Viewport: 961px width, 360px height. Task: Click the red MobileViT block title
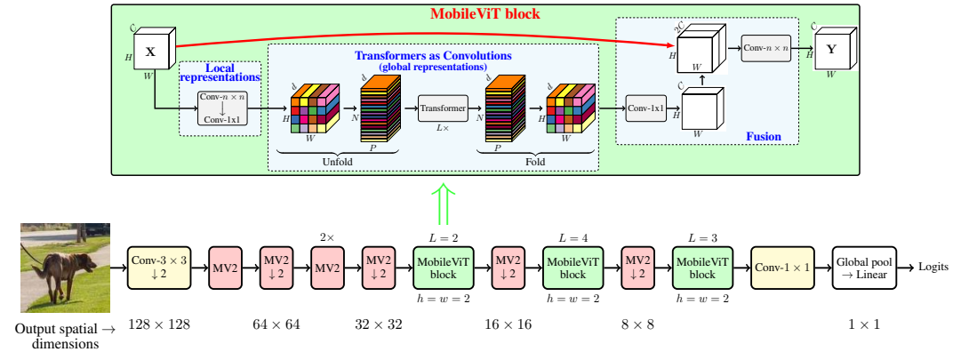(485, 12)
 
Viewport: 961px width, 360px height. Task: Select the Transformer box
(443, 108)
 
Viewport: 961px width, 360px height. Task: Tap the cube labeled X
(153, 51)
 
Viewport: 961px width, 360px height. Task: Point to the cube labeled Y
(835, 48)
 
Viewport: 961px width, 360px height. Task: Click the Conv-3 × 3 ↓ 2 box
(159, 268)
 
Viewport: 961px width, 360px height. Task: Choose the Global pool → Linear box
(863, 268)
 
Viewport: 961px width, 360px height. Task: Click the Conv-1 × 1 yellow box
(783, 268)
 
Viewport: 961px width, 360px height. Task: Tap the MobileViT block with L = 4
(572, 268)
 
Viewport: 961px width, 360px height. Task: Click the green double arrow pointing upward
(443, 205)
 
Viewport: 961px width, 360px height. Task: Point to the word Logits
(933, 267)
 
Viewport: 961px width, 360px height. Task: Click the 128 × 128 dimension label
(159, 324)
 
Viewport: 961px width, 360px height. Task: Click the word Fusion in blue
(764, 136)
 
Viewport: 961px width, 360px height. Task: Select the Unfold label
(338, 162)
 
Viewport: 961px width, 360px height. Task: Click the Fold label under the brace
(535, 162)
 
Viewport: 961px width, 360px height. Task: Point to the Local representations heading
(220, 73)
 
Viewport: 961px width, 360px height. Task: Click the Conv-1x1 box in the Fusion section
(646, 108)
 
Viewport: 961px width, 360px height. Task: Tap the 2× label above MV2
(327, 236)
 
